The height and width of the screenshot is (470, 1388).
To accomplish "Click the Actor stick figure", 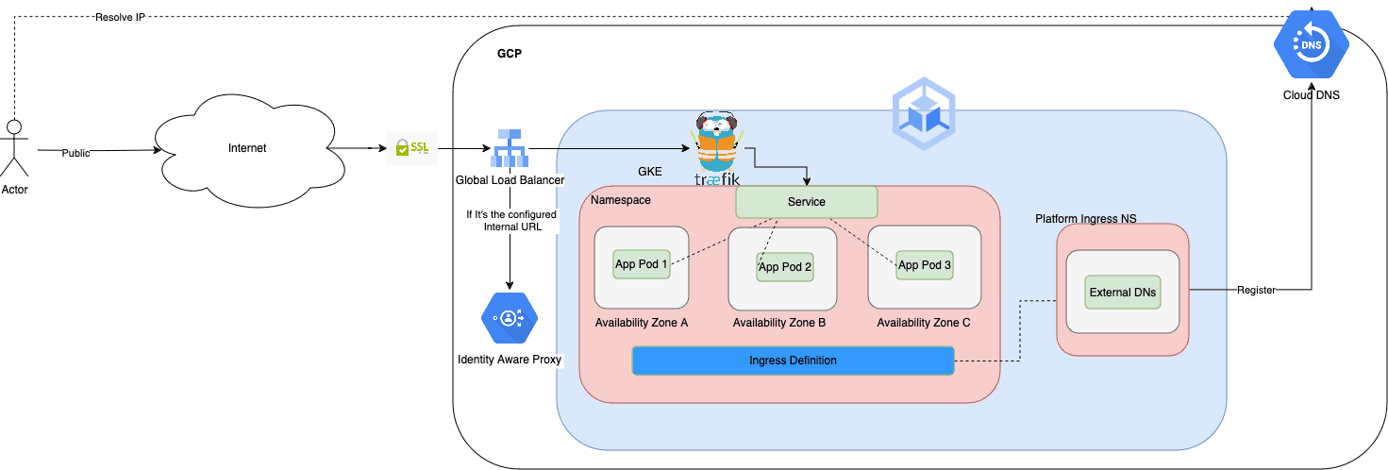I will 14,148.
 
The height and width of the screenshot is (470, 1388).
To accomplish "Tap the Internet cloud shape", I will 247,148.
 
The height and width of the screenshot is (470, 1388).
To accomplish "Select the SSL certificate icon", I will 411,149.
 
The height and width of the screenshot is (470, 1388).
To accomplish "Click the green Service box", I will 806,202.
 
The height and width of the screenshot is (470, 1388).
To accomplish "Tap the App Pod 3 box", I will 925,265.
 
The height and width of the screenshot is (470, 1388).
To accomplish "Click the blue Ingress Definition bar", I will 793,361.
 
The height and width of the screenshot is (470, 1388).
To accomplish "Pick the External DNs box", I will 1123,293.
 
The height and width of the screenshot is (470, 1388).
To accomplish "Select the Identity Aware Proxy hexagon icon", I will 510,317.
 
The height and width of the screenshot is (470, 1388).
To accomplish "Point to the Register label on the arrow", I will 1256,291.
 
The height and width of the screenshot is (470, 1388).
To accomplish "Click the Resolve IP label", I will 119,18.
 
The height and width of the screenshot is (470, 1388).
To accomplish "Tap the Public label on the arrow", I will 76,153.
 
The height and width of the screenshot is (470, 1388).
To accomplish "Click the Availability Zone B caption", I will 779,323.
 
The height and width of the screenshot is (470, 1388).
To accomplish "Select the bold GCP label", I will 510,54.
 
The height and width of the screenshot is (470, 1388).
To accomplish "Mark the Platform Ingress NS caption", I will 1085,219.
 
